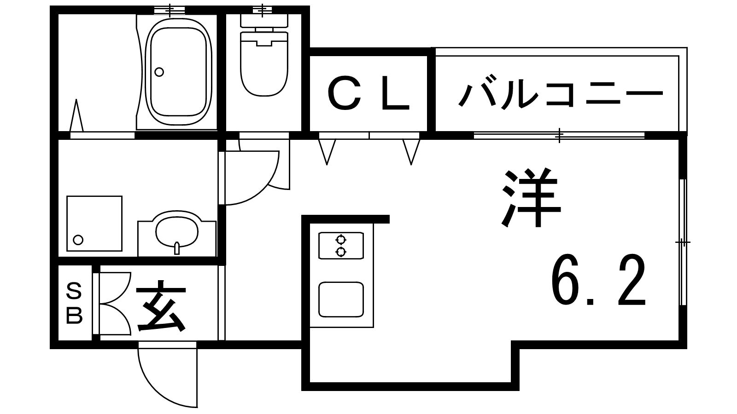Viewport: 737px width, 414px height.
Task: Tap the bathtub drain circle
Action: [159, 72]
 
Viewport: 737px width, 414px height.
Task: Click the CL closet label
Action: [368, 95]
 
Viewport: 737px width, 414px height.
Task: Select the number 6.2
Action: [599, 281]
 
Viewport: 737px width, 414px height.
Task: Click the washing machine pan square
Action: [94, 224]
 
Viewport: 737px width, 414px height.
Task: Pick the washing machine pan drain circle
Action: [78, 240]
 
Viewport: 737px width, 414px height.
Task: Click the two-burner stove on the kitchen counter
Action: [341, 246]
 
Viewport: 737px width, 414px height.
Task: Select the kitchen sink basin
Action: [341, 299]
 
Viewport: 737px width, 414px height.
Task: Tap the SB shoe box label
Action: [74, 304]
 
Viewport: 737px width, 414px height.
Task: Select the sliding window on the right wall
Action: [684, 242]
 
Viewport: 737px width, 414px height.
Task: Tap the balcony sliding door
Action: [559, 135]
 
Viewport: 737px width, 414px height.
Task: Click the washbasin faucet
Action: [177, 249]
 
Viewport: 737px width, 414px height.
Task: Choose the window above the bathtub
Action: [169, 9]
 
